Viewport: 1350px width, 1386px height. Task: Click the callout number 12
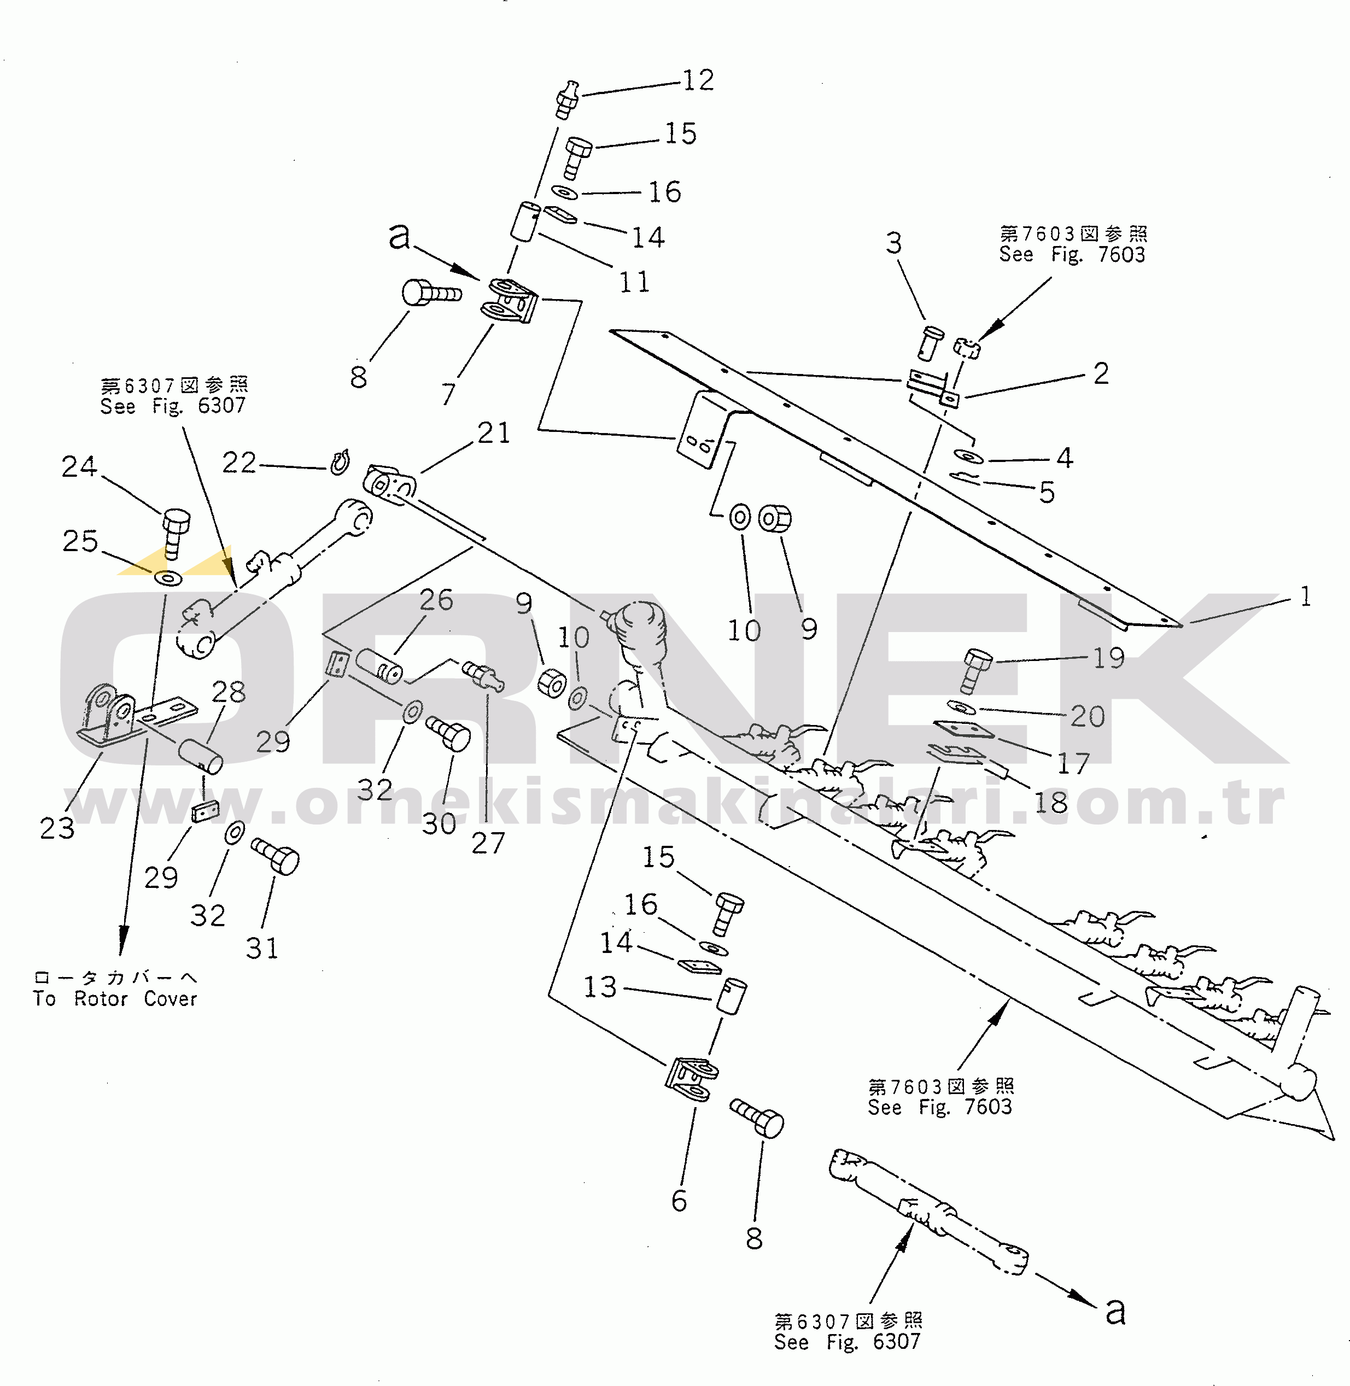pos(698,80)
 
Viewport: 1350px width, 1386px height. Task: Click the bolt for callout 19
pos(978,669)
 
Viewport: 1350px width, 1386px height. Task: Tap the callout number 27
pos(488,843)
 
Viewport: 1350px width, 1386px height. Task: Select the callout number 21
pos(494,432)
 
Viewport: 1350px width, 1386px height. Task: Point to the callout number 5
pos(1047,492)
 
